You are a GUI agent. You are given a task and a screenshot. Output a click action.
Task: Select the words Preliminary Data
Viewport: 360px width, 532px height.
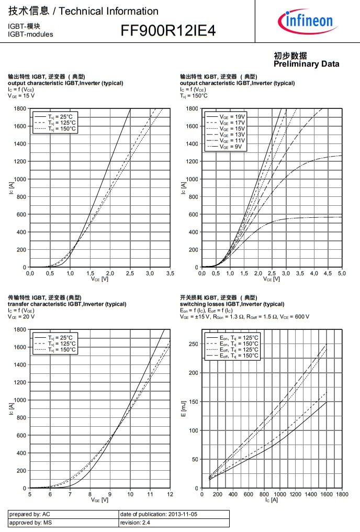[x=306, y=64]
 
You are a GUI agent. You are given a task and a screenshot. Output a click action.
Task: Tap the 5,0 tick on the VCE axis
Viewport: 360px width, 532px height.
[x=342, y=273]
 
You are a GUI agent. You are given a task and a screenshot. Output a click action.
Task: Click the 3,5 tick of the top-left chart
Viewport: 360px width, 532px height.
[x=170, y=273]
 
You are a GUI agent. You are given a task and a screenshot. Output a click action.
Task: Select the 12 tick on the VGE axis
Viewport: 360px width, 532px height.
[x=170, y=494]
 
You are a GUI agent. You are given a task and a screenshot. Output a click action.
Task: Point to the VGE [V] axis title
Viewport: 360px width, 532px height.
[x=99, y=500]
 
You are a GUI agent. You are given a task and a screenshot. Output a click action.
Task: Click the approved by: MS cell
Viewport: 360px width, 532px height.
[x=31, y=523]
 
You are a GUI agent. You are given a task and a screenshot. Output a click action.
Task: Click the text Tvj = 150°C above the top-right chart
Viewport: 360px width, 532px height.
[x=194, y=96]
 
